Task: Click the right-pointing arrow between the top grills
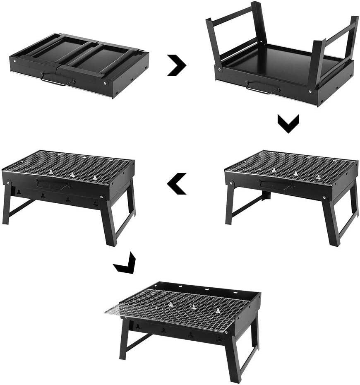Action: [177, 65]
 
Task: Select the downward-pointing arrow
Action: [288, 123]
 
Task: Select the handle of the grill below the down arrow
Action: [275, 185]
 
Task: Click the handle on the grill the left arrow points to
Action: [52, 184]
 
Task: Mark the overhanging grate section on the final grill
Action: [112, 310]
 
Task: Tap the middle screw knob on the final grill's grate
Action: [193, 308]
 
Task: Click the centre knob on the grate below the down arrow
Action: [295, 173]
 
